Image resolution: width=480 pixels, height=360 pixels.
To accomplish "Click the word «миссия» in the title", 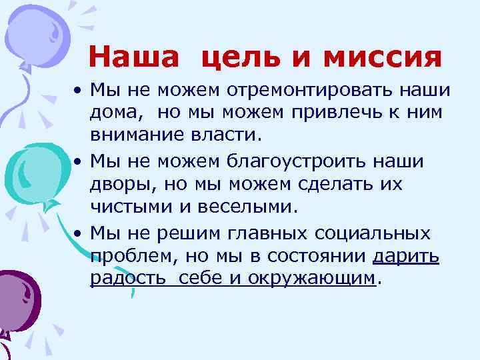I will coord(383,57).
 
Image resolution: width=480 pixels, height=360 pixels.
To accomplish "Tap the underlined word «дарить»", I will coord(406,256).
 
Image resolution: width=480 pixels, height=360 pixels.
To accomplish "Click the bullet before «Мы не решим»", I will coord(78,234).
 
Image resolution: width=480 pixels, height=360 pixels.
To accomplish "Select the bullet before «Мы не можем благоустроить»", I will coord(78,159).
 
